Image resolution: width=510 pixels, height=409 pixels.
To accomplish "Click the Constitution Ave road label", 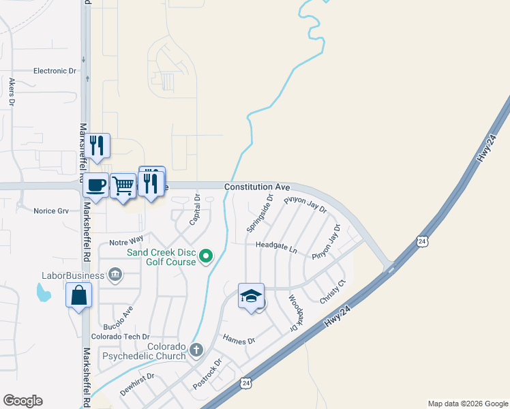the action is tap(257, 186).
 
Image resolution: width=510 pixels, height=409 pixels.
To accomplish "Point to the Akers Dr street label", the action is tap(12, 91).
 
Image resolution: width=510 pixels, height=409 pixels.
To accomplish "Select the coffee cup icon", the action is tap(96, 185).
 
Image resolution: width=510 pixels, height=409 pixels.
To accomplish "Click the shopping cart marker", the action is tap(123, 185).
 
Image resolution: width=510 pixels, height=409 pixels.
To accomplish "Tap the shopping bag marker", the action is tap(79, 295).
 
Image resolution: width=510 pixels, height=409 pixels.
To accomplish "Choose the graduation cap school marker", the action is tap(251, 296).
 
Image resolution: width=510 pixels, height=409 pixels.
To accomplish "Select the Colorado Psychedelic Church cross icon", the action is tap(196, 350).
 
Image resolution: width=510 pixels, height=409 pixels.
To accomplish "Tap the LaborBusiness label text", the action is tap(73, 275).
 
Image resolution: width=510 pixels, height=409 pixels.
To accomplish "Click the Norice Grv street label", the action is tap(52, 211).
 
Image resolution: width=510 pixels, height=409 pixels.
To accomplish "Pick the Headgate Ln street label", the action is tap(276, 246).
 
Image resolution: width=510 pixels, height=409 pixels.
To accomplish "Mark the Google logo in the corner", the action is tap(22, 401).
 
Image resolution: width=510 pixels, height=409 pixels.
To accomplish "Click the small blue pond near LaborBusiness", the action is tap(43, 293).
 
